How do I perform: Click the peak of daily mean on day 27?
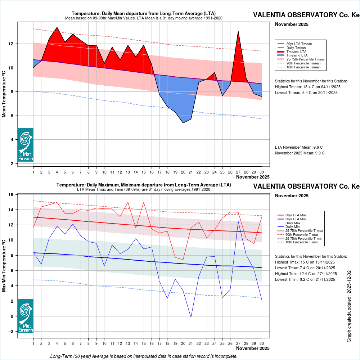(238, 31)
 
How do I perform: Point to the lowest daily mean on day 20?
(183, 123)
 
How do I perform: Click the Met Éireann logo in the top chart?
(26, 145)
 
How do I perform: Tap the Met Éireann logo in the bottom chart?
(26, 316)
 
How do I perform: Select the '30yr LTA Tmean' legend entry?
(299, 44)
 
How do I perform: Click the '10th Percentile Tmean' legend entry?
(303, 67)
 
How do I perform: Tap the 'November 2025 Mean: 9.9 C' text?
(300, 153)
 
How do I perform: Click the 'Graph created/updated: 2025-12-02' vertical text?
(349, 306)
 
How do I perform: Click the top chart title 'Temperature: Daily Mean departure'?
(144, 13)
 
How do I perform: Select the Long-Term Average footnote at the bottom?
(144, 356)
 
